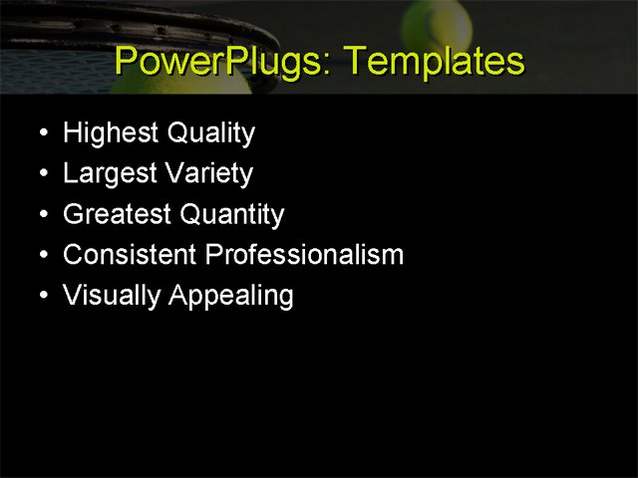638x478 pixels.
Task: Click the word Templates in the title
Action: [433, 62]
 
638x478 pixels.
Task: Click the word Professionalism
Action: [304, 255]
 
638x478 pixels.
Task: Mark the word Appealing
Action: [232, 297]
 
